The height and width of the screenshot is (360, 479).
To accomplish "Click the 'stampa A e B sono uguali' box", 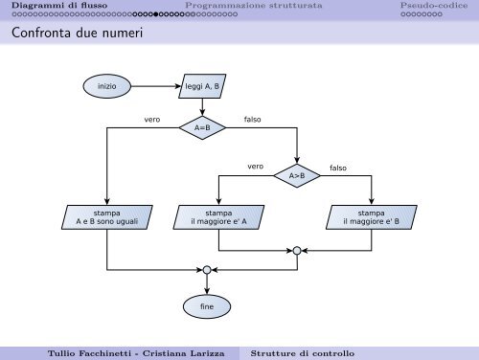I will pos(107,217).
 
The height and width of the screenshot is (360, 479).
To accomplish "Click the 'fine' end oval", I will pos(207,306).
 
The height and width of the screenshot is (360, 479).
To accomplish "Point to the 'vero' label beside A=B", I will pos(152,120).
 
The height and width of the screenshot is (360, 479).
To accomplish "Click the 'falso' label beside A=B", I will pos(253,120).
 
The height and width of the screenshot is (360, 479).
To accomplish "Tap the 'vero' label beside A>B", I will pos(255,167).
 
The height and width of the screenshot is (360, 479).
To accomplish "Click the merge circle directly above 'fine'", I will pos(207,269).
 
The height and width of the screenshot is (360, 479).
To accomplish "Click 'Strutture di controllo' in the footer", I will pos(302,351).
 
